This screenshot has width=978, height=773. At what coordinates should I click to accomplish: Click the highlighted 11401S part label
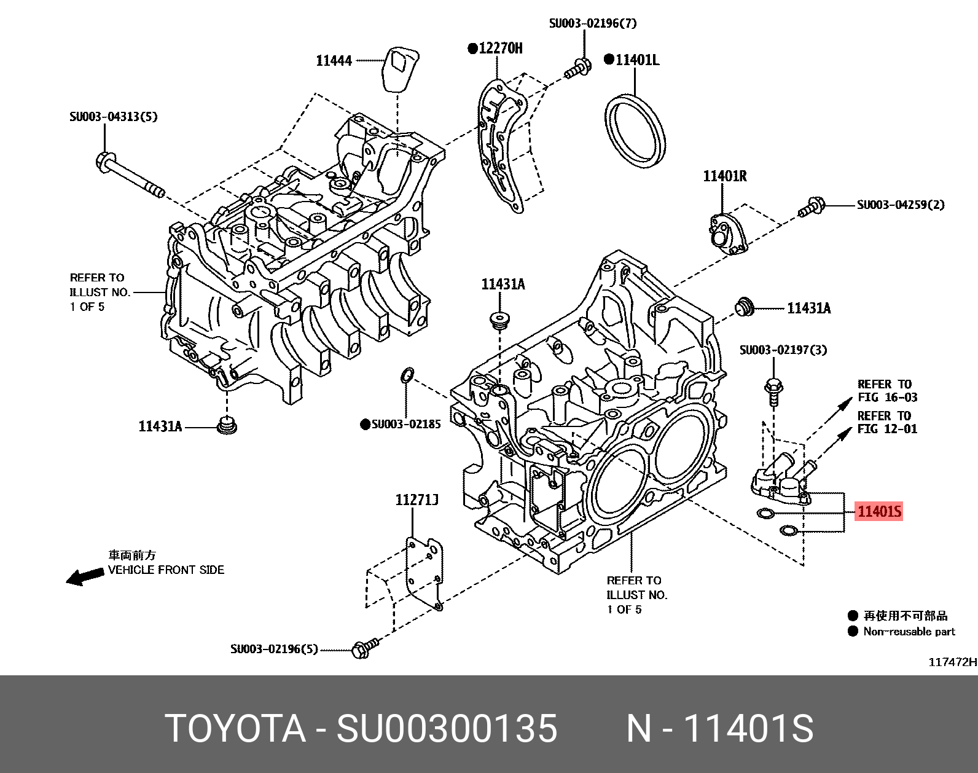click(879, 511)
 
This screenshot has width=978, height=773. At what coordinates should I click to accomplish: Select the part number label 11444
click(334, 60)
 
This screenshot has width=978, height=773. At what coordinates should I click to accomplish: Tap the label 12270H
click(500, 48)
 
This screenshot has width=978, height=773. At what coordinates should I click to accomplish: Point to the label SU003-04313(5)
click(113, 117)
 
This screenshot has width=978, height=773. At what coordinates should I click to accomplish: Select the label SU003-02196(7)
click(593, 23)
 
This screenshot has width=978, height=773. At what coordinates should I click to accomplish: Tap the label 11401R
click(725, 176)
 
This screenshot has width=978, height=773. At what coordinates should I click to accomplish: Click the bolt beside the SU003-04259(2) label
click(812, 207)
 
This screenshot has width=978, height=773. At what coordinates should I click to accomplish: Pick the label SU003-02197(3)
click(783, 350)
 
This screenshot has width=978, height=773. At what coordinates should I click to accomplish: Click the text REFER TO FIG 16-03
click(887, 391)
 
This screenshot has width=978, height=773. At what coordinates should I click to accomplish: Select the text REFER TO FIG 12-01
click(887, 423)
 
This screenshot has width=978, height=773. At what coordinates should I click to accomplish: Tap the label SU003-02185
click(405, 424)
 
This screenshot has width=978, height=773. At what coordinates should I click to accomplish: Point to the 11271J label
click(417, 500)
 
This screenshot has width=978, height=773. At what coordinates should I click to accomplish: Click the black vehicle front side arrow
click(85, 577)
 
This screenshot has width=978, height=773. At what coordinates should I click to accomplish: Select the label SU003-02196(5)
click(275, 649)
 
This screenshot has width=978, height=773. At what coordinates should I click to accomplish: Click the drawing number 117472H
click(952, 662)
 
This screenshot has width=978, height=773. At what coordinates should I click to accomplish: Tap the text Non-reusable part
click(909, 632)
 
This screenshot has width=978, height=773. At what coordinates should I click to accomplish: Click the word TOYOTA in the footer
click(235, 729)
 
